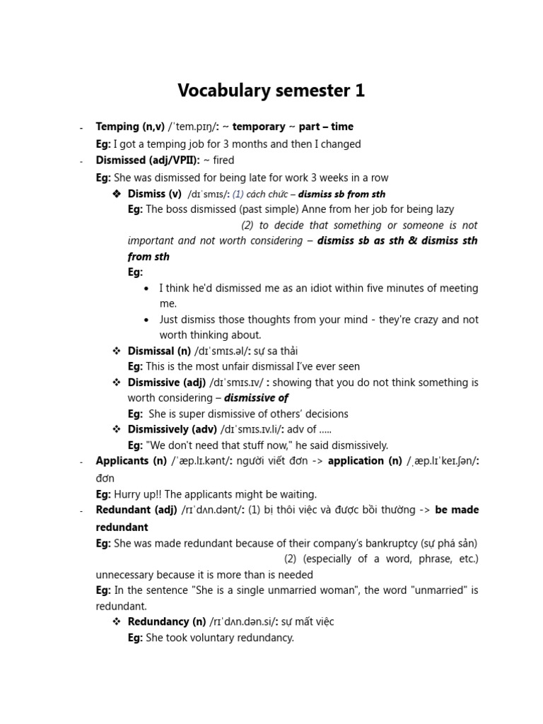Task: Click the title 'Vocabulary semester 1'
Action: (x=271, y=90)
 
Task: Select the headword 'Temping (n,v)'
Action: (x=130, y=127)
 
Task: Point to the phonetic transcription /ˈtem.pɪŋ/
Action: (x=195, y=127)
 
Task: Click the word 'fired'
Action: (x=223, y=160)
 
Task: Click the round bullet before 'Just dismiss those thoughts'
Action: (x=146, y=320)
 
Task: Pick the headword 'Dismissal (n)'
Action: (x=159, y=351)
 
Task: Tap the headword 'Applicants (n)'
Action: (x=132, y=461)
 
